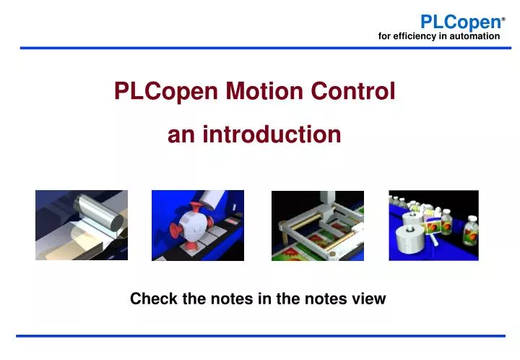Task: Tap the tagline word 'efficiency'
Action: click(x=417, y=35)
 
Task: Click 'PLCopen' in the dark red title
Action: click(x=167, y=92)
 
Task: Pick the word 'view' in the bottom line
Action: click(x=369, y=299)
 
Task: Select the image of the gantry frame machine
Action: click(x=317, y=225)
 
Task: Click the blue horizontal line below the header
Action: click(x=260, y=48)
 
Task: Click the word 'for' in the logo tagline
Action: click(x=384, y=35)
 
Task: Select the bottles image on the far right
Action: click(x=433, y=225)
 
